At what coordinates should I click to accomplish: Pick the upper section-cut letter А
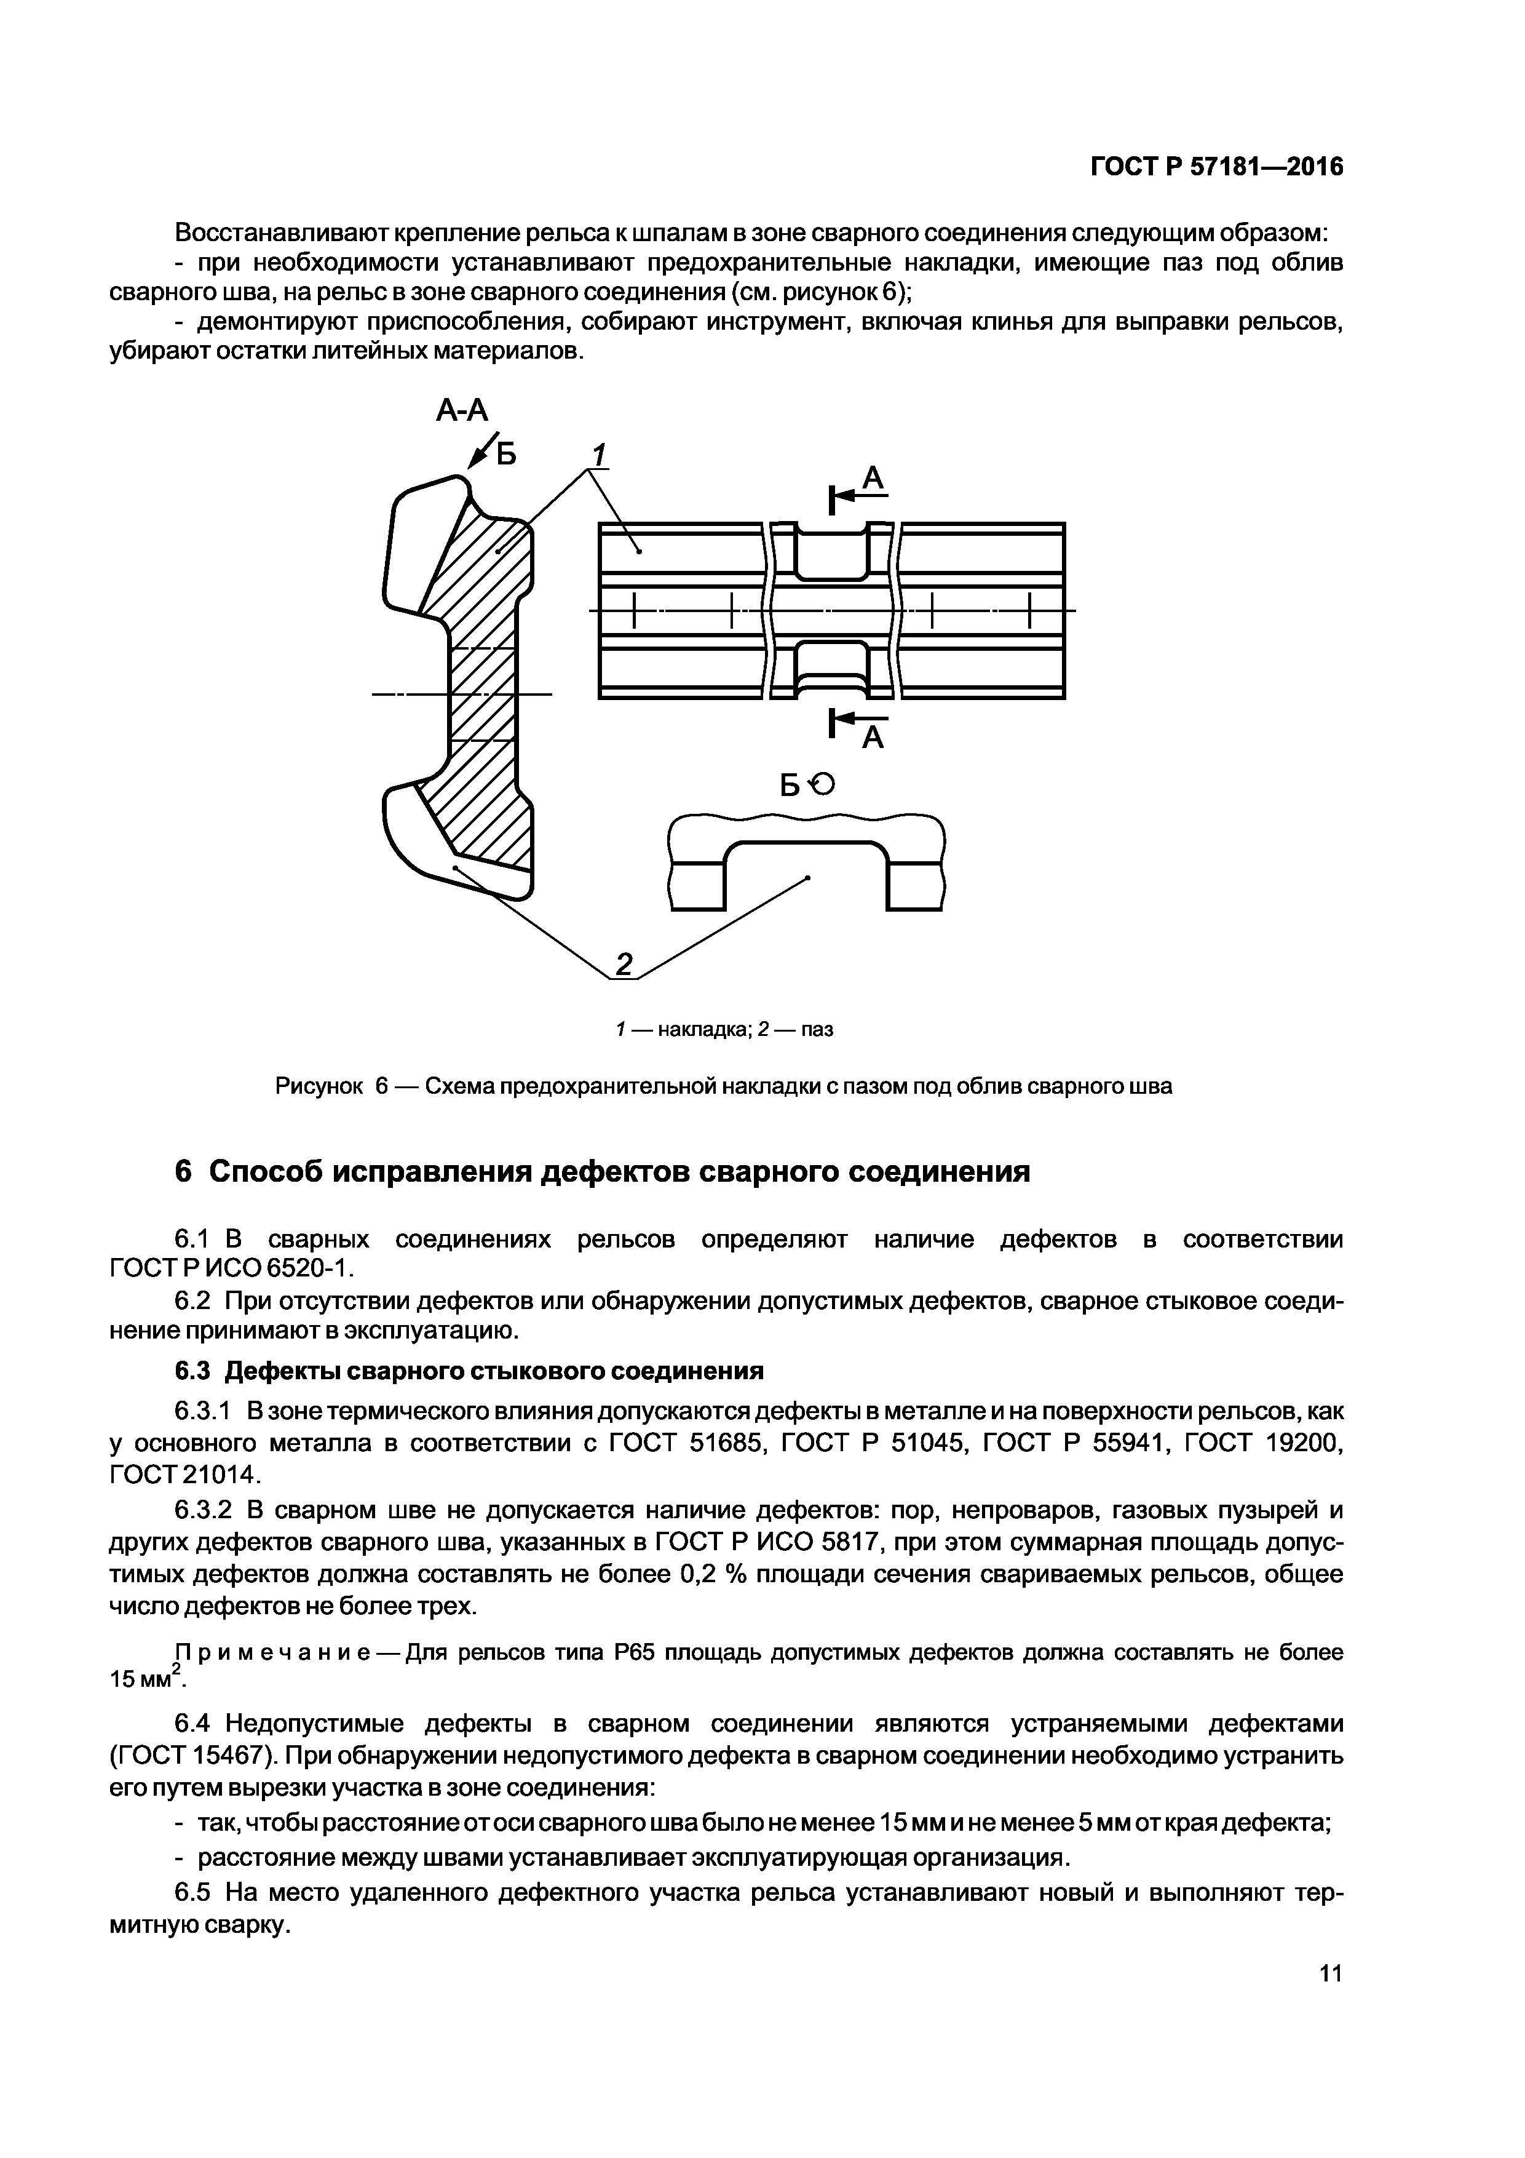tap(874, 479)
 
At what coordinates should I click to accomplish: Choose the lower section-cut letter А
tap(874, 739)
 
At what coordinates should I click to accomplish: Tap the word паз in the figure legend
tap(817, 1029)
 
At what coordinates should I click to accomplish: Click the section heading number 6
tap(183, 1172)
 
